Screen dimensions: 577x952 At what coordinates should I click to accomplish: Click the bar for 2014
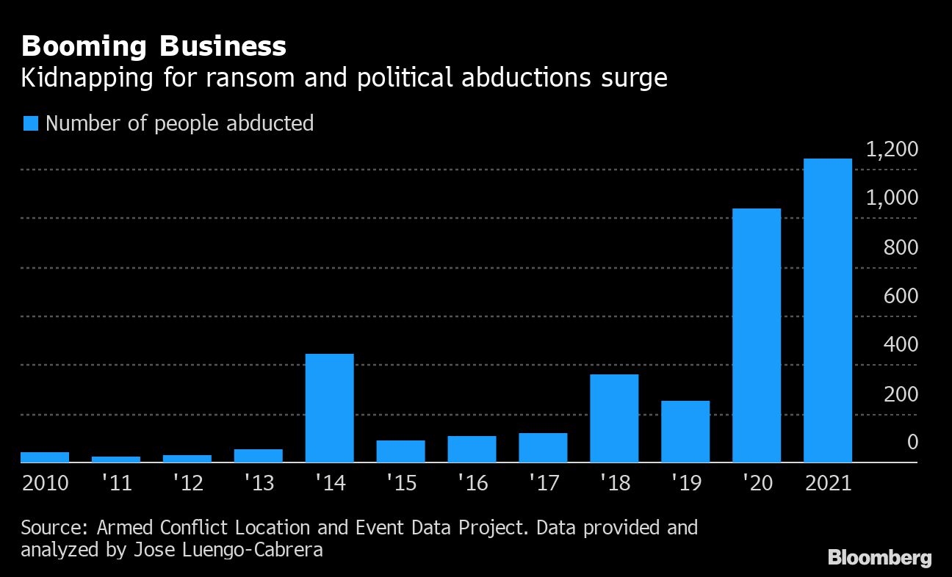click(329, 408)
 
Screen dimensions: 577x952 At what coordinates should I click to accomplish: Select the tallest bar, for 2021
click(828, 311)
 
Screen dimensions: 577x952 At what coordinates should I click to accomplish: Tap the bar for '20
click(757, 335)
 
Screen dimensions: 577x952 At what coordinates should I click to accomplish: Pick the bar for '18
click(614, 418)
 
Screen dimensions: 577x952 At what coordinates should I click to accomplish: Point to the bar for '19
click(685, 432)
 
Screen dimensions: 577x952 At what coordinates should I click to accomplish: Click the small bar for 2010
click(45, 457)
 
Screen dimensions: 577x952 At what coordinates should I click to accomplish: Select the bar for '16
click(472, 449)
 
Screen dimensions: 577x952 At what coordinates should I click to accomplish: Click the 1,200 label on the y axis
click(892, 150)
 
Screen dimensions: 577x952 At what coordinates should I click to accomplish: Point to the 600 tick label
click(903, 296)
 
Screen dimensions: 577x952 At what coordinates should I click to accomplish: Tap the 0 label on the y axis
click(913, 442)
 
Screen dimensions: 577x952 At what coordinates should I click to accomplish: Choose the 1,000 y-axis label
click(892, 198)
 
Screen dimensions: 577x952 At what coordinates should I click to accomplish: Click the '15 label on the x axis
click(400, 484)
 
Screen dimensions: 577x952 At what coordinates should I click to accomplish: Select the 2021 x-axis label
click(828, 484)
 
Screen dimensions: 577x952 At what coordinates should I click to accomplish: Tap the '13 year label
click(258, 484)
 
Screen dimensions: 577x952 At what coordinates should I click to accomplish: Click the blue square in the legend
click(30, 123)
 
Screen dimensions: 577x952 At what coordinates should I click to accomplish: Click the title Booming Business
click(154, 47)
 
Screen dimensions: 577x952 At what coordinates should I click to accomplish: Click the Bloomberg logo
click(879, 558)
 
